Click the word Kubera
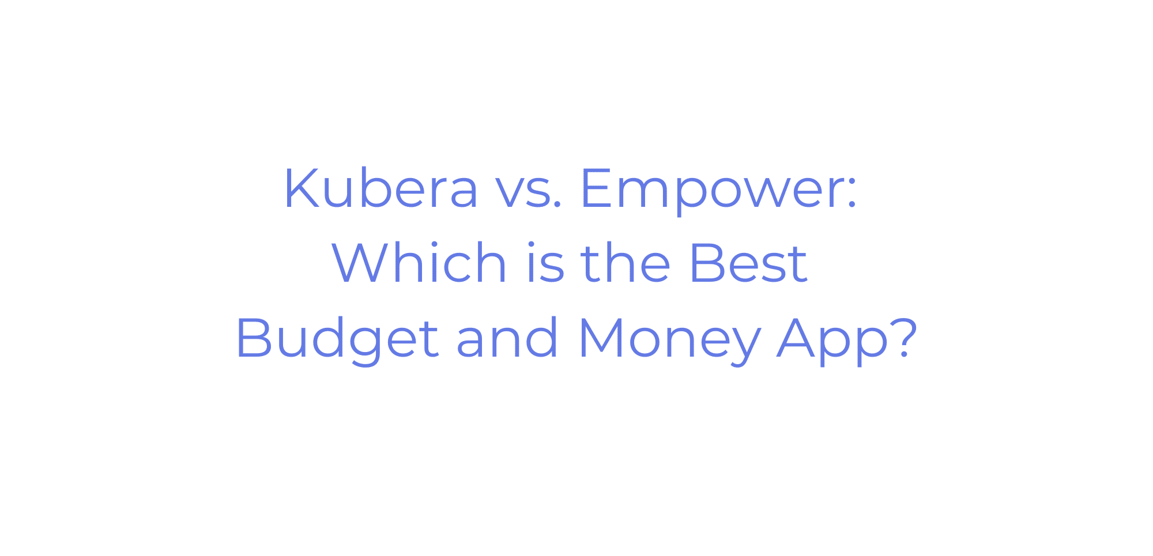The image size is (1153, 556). coord(381,188)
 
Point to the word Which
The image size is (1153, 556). coord(419,262)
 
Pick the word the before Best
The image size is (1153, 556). coord(626,262)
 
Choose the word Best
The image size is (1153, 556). coord(749,263)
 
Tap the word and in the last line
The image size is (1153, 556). coord(507,338)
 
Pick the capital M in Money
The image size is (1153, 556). coord(602,338)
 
